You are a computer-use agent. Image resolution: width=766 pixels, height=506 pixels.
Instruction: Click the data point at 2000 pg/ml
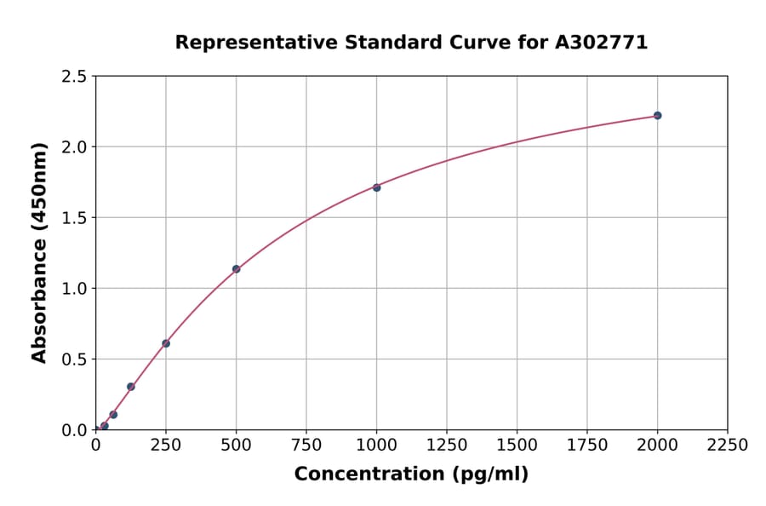657,116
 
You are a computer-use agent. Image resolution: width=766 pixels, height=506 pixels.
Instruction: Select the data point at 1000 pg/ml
376,187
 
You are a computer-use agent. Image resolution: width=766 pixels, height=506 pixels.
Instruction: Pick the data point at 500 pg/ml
236,269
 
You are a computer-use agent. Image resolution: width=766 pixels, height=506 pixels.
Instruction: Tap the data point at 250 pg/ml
166,343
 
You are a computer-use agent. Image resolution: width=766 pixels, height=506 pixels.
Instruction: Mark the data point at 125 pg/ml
131,387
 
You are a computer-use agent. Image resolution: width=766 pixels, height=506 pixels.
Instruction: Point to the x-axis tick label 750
306,446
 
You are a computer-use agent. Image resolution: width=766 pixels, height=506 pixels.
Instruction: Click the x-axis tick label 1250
447,446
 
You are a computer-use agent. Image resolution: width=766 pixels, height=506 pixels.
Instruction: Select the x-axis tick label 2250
728,446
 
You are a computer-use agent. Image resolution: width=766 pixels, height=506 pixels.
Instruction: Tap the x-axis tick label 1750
587,446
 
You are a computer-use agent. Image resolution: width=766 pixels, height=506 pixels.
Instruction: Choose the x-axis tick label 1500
517,446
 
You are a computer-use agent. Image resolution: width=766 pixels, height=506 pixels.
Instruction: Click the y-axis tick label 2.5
74,77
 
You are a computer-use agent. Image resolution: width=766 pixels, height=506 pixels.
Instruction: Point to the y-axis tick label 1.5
74,218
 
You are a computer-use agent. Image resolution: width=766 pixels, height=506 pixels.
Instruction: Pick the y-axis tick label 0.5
74,359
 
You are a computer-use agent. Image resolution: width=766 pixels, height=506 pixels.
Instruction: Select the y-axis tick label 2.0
74,147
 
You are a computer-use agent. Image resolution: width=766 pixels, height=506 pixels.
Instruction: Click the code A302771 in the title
601,43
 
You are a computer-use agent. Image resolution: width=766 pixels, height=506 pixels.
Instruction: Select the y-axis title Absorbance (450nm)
39,253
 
